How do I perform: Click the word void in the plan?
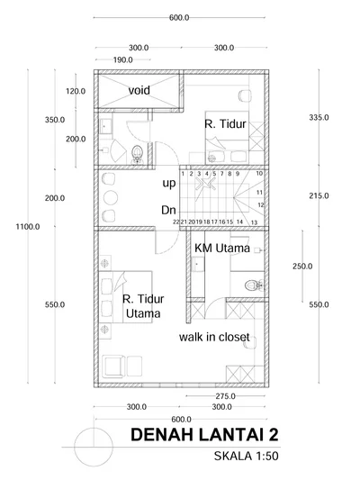point(139,90)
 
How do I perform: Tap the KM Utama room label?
point(222,248)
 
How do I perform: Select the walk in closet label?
point(214,337)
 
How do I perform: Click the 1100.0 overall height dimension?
point(28,227)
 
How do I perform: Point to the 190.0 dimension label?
point(123,60)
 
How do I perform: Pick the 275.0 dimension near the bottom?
point(225,396)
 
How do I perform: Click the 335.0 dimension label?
point(319,118)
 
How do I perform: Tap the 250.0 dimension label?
point(302,267)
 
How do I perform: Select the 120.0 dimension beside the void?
point(76,91)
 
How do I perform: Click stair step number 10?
point(259,174)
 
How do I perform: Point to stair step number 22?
point(175,222)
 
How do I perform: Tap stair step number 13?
point(254,222)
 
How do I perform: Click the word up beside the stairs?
point(169,184)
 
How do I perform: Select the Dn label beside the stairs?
point(169,211)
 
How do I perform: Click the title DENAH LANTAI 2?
point(204,435)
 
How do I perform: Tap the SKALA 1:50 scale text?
point(247,456)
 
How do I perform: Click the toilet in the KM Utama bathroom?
point(254,285)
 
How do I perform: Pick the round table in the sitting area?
point(111,197)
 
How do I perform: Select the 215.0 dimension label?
point(319,196)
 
